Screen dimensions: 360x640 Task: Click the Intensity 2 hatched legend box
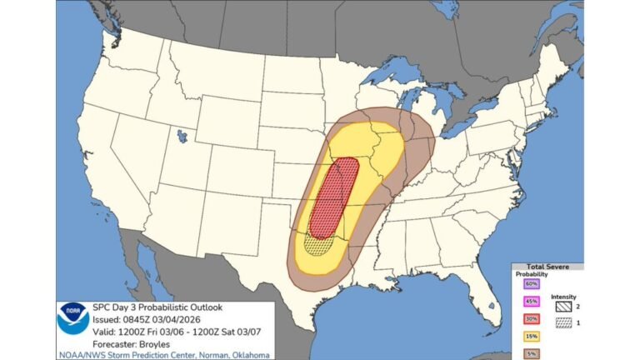(565, 306)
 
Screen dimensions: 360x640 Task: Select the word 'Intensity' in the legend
(563, 293)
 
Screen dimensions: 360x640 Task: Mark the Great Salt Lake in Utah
(182, 134)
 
